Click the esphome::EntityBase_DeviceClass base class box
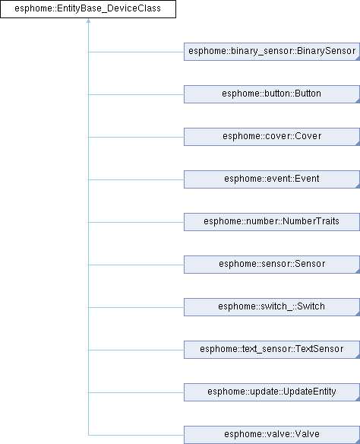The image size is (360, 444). click(x=88, y=9)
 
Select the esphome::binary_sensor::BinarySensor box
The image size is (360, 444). click(x=272, y=52)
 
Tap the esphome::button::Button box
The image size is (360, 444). click(x=272, y=94)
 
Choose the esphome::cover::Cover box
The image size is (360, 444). click(x=272, y=137)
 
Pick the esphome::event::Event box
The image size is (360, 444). click(x=272, y=179)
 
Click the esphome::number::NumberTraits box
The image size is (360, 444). click(x=272, y=222)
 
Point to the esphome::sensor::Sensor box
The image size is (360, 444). click(x=272, y=265)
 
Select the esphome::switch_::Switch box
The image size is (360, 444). click(x=272, y=307)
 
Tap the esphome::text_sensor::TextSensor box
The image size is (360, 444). click(x=272, y=350)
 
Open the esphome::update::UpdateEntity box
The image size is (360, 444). click(x=272, y=392)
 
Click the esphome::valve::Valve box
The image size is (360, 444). click(x=272, y=435)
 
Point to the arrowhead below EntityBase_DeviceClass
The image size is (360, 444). click(x=89, y=21)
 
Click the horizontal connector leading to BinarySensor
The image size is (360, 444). click(x=136, y=52)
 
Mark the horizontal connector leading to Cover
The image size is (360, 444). click(x=136, y=137)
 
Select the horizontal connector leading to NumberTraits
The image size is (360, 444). click(x=136, y=222)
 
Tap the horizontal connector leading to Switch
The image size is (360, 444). click(x=136, y=307)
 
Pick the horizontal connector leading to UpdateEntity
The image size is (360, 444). click(x=136, y=392)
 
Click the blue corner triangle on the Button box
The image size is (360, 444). click(x=358, y=101)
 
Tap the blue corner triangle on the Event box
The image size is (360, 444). click(x=358, y=186)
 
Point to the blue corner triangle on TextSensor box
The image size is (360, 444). click(x=358, y=357)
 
